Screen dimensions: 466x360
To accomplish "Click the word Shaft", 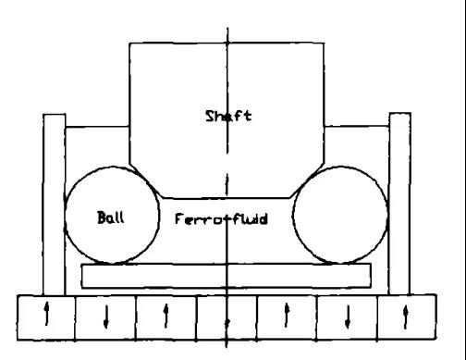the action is [x=228, y=116].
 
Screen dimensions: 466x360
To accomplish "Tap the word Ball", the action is [x=111, y=217].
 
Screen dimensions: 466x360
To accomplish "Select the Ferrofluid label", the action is [x=221, y=219].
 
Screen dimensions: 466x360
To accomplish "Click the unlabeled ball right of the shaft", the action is [x=340, y=215].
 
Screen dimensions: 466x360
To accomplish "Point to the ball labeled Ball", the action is [x=112, y=216].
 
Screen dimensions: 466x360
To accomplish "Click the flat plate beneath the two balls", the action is [x=226, y=276].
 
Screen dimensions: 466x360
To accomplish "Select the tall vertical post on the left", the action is [x=55, y=205].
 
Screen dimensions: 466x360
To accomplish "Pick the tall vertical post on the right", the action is [x=399, y=204].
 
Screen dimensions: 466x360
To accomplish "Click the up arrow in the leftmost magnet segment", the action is [x=46, y=314].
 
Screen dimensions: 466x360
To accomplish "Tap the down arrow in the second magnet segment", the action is [x=106, y=317].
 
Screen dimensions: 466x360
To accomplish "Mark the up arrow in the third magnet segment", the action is [x=166, y=316].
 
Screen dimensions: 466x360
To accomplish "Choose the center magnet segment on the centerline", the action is [x=227, y=317].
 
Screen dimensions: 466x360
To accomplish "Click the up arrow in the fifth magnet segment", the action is [x=287, y=315].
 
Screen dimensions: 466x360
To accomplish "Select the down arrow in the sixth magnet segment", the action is [x=348, y=317].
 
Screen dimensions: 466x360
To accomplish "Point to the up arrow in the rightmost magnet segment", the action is [x=406, y=317].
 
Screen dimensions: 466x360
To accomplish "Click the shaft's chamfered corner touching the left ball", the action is [x=146, y=180].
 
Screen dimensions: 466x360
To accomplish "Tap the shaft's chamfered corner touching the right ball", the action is [x=307, y=180].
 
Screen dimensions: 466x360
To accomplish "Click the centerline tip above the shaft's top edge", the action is [x=227, y=28].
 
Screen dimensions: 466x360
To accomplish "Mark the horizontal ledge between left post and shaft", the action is [x=97, y=127].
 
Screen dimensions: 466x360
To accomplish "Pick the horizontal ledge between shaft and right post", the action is [x=357, y=126].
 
